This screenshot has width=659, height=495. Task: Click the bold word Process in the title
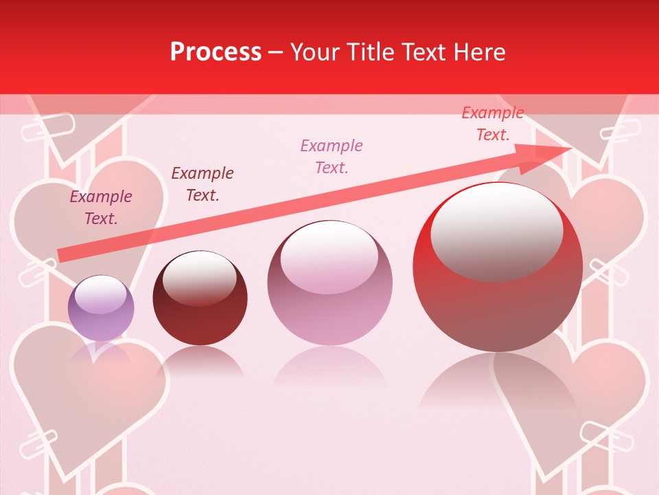coord(216,52)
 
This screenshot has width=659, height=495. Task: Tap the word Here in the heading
coord(478,52)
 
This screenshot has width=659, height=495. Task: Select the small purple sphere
coord(101,308)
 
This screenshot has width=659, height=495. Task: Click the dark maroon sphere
coord(200,298)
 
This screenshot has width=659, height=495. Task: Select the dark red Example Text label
coord(203,184)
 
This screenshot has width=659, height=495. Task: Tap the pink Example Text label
coord(332,156)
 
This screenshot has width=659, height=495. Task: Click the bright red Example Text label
coord(492,124)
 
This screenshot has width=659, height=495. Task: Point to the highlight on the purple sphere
coord(100,294)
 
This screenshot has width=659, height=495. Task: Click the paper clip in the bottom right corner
coord(602,434)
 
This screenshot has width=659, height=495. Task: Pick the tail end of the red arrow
coord(63,255)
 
